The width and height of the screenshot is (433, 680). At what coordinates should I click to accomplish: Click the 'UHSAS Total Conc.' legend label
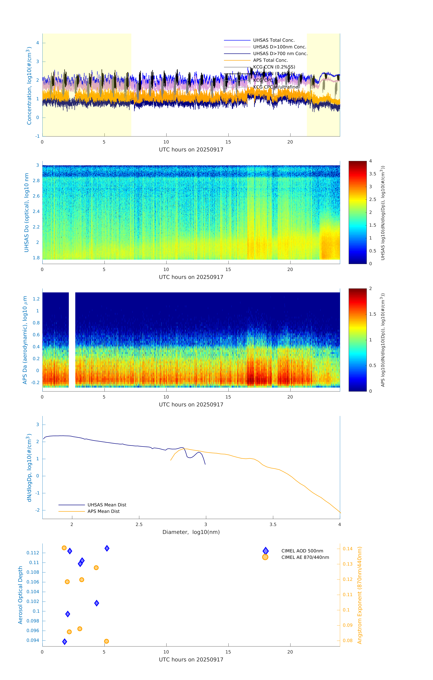point(274,40)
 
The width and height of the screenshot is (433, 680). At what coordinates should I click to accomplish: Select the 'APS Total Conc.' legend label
point(270,60)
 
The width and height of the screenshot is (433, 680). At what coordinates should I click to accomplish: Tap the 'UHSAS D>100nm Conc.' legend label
point(279,47)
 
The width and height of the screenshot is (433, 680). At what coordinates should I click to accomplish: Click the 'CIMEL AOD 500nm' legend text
point(302,551)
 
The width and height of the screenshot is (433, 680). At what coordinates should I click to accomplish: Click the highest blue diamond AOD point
point(107,548)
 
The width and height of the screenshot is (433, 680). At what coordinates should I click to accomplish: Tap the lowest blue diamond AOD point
point(65,642)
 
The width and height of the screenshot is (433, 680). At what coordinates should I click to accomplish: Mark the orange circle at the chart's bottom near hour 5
point(106,641)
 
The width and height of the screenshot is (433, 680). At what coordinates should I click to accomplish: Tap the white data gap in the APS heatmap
point(72,339)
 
